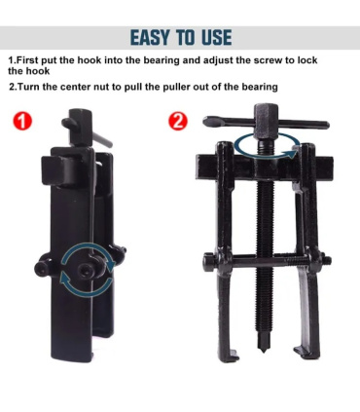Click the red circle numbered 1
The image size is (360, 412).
22,122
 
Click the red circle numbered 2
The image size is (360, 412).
178,122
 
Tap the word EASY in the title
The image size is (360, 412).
150,37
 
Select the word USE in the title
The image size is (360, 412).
217,37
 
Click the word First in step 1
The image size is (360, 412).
27,60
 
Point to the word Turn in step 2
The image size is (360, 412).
27,87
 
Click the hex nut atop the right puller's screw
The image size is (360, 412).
267,120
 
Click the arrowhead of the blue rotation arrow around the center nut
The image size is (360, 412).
292,153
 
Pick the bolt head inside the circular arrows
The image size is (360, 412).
85,270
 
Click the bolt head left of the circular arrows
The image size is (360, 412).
41,268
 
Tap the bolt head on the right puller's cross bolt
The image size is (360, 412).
208,263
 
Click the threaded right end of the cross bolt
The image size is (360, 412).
327,260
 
